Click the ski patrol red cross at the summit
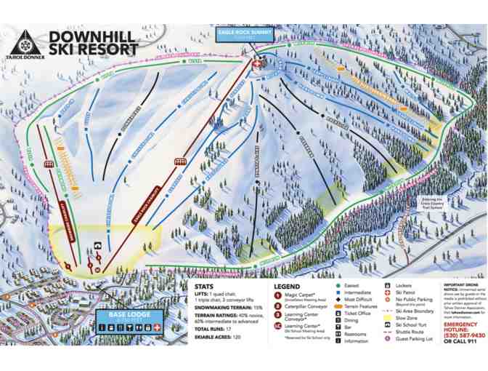pos(256,65)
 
